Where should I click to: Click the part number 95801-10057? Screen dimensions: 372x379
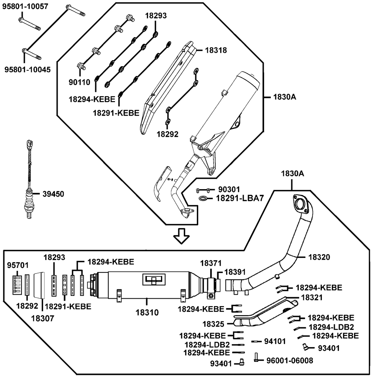(25, 6)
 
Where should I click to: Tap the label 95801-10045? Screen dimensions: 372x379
(28, 69)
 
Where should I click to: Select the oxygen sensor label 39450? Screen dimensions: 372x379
(53, 194)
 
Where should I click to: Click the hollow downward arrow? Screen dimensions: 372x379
(182, 236)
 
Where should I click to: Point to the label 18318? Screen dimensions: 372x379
(216, 50)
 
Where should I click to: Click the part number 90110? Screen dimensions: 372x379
(79, 82)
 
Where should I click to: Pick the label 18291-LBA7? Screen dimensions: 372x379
(240, 198)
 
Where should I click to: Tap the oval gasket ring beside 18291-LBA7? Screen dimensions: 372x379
(202, 198)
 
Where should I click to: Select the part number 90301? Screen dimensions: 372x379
(229, 189)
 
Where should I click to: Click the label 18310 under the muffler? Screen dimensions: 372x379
(147, 312)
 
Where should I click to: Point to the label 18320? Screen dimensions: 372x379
(319, 257)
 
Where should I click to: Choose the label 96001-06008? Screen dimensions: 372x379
(290, 361)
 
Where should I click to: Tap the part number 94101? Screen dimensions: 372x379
(275, 341)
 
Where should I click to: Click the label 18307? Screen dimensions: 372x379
(43, 318)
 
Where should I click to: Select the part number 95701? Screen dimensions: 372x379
(17, 265)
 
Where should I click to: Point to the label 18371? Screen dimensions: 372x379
(211, 263)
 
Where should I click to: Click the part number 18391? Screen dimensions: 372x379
(235, 272)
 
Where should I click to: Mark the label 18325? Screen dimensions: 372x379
(213, 324)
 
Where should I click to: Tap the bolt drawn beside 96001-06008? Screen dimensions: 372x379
(256, 357)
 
